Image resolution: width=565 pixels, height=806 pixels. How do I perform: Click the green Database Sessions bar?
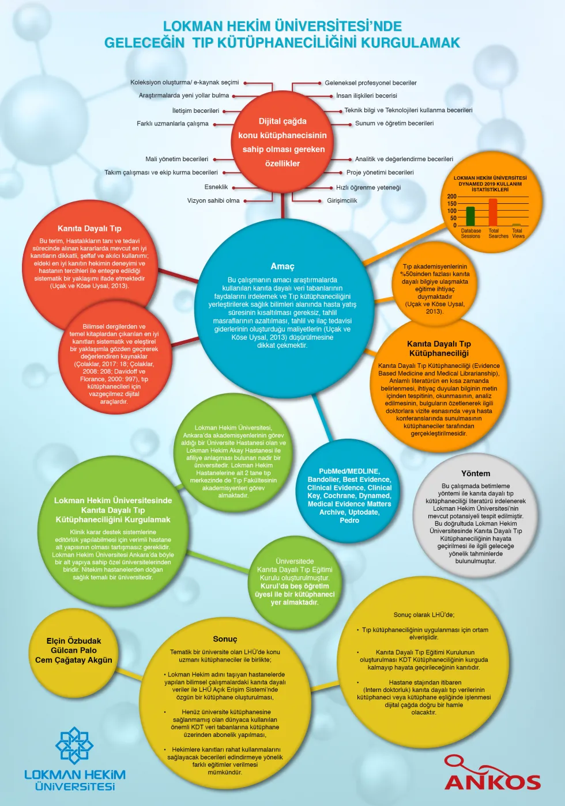click(470, 216)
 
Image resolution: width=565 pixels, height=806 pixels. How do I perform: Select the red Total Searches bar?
click(492, 212)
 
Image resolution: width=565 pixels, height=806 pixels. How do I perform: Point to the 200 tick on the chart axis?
click(452, 196)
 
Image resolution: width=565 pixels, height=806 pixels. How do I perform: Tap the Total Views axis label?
click(518, 233)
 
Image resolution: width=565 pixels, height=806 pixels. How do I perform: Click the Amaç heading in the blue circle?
click(282, 266)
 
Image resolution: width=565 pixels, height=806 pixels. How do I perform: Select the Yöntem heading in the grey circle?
click(475, 473)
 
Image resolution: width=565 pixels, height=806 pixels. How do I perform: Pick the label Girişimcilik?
click(342, 201)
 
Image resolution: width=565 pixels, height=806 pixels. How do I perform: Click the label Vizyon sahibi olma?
click(213, 201)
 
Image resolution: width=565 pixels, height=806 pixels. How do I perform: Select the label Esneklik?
click(216, 187)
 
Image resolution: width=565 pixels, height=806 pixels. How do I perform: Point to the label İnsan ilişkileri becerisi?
click(367, 96)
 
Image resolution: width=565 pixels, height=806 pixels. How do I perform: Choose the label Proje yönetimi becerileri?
click(380, 173)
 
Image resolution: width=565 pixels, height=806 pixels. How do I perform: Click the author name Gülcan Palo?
click(74, 650)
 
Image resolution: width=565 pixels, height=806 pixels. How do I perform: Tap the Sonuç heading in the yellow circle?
click(225, 639)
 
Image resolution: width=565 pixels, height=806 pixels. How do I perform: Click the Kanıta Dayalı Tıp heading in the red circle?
click(89, 229)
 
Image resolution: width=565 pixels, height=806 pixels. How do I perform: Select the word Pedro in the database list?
click(349, 520)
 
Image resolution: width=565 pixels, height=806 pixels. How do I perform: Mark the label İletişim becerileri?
click(195, 111)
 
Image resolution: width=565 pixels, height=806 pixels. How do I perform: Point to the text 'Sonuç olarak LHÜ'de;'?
click(424, 615)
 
